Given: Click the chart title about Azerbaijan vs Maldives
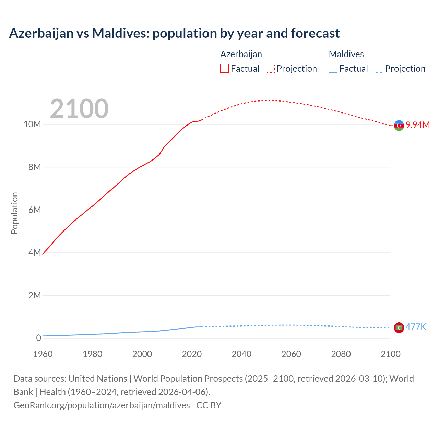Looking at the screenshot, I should [174, 33].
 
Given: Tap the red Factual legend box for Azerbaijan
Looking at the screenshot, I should [225, 69].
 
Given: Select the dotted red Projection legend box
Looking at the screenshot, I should [270, 69].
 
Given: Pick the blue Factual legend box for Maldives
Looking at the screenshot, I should [333, 69].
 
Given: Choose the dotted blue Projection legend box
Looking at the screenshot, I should [379, 69].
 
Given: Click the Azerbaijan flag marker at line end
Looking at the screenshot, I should [399, 126].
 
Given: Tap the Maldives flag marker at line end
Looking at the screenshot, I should [399, 328].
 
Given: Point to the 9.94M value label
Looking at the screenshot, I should [418, 125].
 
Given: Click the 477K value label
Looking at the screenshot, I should [416, 327].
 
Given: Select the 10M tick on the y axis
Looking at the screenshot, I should [32, 124].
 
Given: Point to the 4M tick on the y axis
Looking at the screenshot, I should [35, 252].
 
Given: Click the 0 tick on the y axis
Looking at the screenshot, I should [38, 338].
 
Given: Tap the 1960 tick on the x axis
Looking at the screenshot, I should [43, 354].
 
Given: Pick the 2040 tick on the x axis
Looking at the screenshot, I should [241, 354].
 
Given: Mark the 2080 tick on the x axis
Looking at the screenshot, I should [341, 354].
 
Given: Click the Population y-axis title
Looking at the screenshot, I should [14, 213].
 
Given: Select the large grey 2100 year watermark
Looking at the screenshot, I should [79, 109].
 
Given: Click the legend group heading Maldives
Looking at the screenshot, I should [346, 54].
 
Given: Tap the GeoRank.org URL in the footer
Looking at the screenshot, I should [102, 405].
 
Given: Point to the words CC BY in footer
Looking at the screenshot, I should [209, 405].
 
